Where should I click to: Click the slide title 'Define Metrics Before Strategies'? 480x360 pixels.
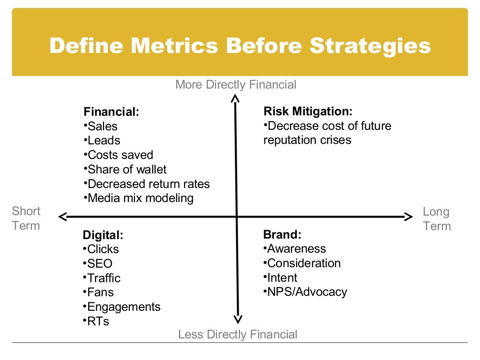pos(240,46)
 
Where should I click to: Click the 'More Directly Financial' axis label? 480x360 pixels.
pos(236,84)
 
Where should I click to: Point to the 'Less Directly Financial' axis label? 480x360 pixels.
pos(238,334)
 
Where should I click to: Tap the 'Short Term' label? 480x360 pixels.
pos(26,218)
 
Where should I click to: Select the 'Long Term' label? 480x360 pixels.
pos(436,219)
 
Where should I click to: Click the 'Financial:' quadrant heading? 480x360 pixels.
pos(112,112)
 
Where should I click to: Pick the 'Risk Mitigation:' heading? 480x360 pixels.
pos(307,111)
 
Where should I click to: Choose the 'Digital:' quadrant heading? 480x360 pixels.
pos(103,235)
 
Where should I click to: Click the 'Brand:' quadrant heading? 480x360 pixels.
pos(282,234)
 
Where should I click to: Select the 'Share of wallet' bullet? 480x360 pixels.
pos(127,169)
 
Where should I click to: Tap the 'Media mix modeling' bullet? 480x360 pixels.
pos(140,198)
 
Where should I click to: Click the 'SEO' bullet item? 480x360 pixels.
pos(99,263)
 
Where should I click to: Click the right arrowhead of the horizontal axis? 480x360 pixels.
pos(408,216)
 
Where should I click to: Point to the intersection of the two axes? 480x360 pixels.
pos(237,216)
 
